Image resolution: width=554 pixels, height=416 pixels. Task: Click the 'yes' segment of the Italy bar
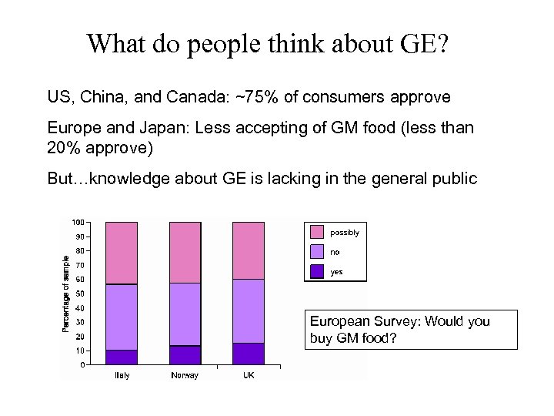(122, 357)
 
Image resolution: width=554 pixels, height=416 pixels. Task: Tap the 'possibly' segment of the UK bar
(248, 250)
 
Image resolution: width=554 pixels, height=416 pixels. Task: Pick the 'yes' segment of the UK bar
(248, 354)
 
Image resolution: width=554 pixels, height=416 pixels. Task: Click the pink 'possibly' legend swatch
(317, 232)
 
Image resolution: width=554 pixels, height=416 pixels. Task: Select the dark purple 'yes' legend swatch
(317, 271)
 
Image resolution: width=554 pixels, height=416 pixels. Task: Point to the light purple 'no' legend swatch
(317, 252)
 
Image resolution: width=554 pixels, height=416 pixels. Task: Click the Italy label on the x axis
(122, 375)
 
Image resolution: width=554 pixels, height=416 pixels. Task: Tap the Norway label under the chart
(185, 375)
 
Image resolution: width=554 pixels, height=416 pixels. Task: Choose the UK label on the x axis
(248, 375)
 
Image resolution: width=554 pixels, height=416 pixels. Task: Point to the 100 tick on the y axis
(78, 223)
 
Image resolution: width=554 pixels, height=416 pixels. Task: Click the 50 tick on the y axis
(80, 294)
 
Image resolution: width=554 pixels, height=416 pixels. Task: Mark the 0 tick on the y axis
(82, 365)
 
